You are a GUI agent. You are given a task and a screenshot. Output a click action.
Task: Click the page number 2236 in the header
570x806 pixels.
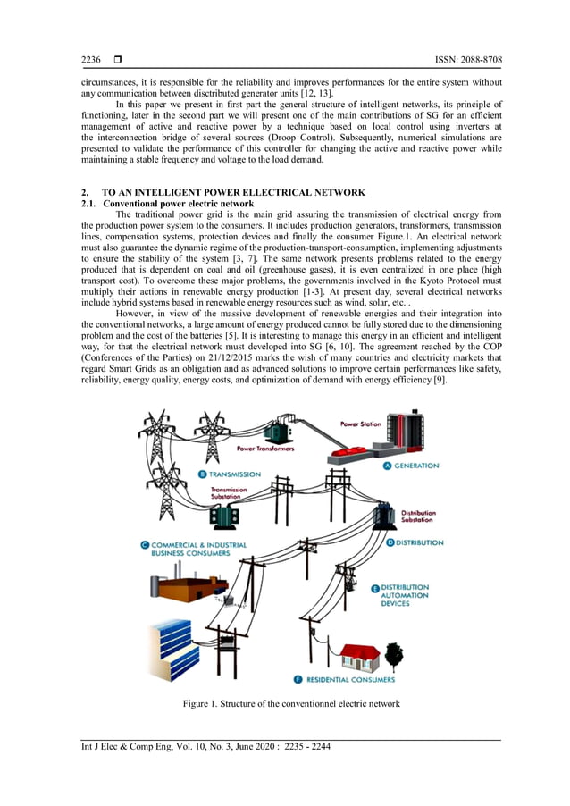point(90,60)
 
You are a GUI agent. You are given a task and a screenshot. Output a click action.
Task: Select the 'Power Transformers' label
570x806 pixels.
point(266,448)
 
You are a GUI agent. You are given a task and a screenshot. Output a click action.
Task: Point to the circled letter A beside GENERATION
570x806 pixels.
point(387,466)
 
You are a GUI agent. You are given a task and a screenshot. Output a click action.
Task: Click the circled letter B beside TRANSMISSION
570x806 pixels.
point(203,474)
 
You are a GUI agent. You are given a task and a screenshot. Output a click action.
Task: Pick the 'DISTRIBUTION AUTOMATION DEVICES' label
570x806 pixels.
point(404,595)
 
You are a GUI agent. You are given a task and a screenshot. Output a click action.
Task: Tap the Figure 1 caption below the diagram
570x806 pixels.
point(291,704)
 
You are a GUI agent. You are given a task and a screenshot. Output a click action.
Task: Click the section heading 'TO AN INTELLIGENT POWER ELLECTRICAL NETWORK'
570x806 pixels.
point(233,193)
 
